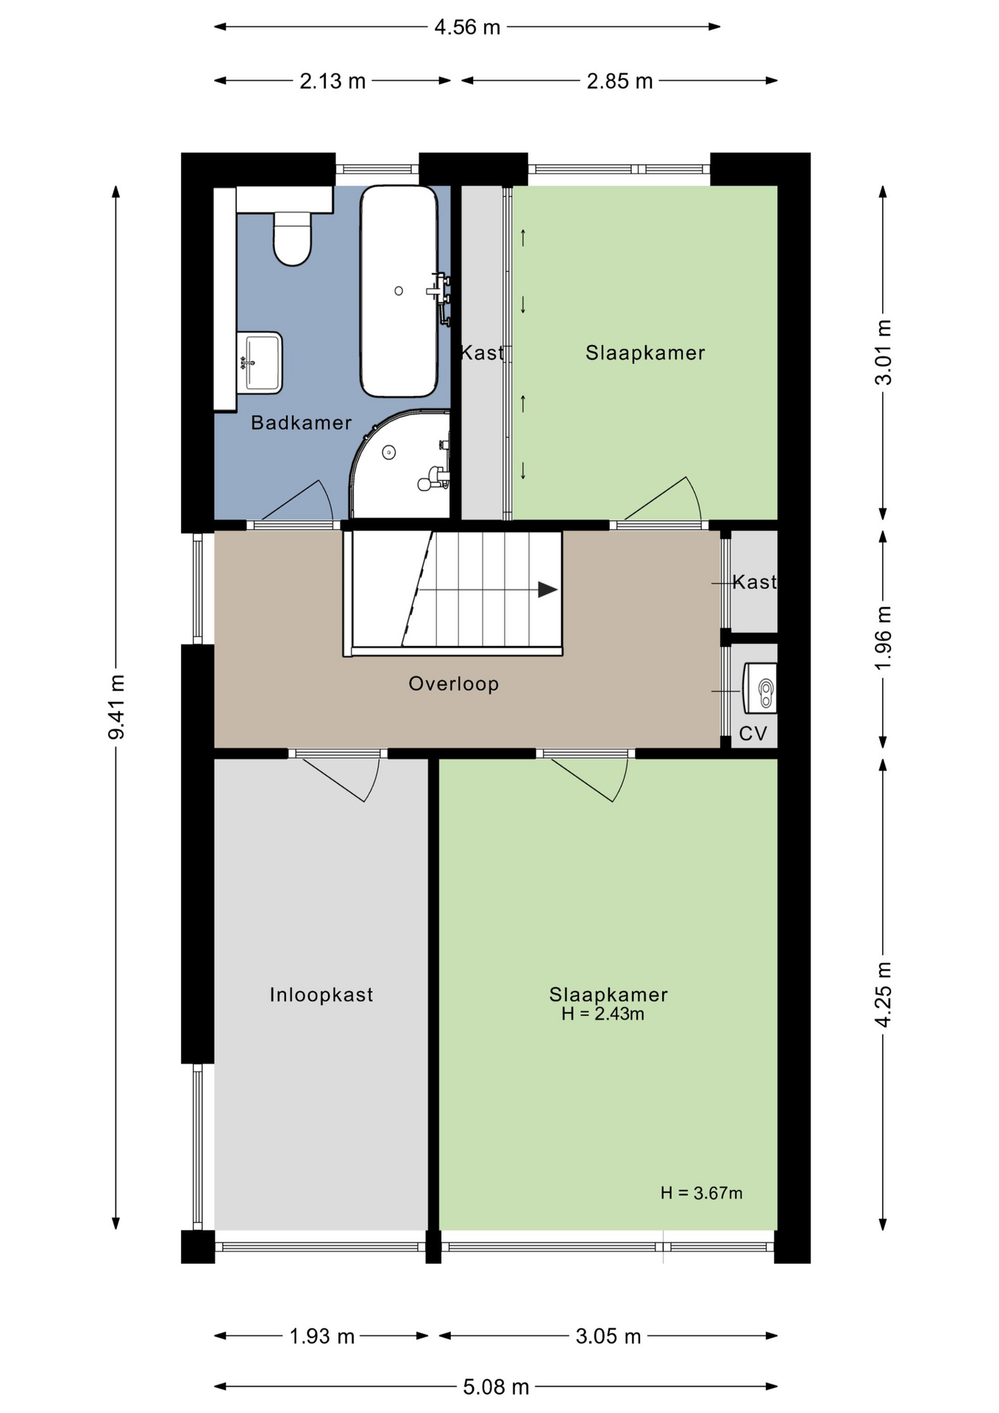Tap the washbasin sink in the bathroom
260,362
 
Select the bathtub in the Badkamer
399,291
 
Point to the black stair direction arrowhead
547,589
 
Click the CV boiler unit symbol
760,688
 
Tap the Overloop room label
454,684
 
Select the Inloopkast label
321,995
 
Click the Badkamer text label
302,422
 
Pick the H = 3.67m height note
701,1193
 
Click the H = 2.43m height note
602,1014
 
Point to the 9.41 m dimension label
116,706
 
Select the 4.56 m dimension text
467,27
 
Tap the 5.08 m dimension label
496,1387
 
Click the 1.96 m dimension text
883,637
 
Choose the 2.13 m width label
333,81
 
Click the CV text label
753,734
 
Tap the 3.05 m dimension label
608,1336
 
